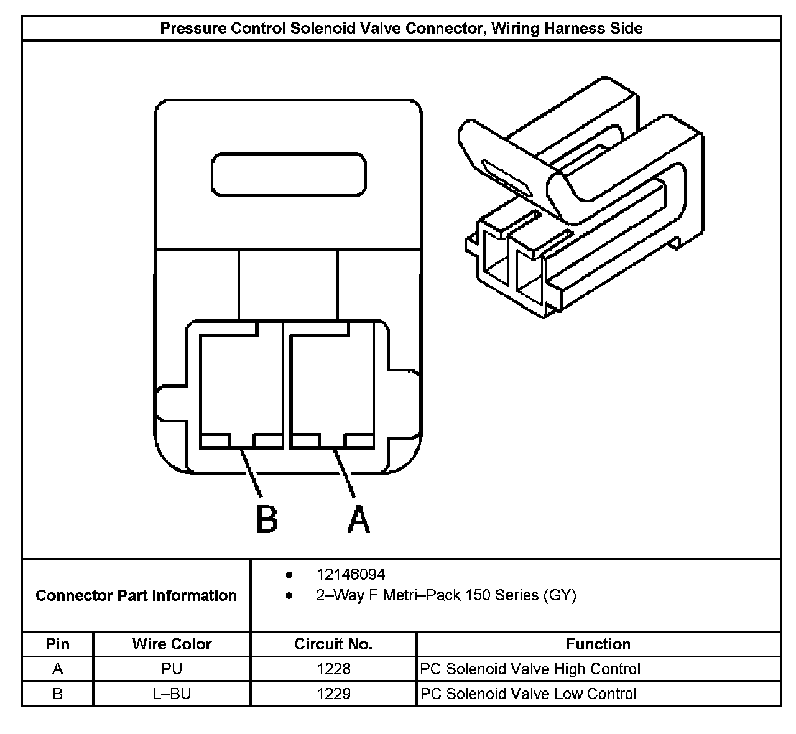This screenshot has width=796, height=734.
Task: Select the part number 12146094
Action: pos(351,574)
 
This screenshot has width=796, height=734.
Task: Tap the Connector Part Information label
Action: pos(136,595)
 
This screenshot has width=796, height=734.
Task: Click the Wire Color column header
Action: pos(172,644)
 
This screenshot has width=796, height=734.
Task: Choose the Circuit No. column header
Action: pos(333,644)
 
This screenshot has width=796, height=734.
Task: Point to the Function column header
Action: pos(598,644)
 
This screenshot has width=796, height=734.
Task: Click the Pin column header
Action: pos(58,644)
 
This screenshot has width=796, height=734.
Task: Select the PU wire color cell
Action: pos(172,669)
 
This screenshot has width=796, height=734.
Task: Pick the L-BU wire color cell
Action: pos(172,694)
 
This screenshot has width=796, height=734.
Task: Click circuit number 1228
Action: pos(333,669)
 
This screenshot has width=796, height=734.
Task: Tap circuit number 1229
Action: pos(333,694)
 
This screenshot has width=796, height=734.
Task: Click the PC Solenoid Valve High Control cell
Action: pos(530,669)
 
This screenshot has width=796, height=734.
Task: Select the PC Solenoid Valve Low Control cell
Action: pos(528,694)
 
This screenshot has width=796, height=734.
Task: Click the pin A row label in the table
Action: pos(58,669)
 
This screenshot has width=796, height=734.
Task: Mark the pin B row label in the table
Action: pos(58,694)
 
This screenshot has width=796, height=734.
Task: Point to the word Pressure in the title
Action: pos(193,28)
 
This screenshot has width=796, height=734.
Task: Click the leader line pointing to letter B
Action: pos(251,473)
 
